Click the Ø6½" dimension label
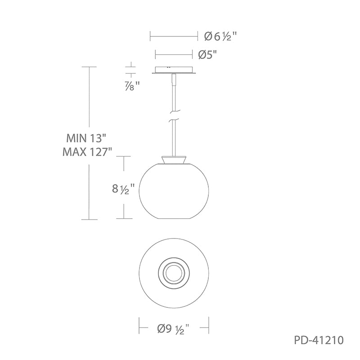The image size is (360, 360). pos(220,36)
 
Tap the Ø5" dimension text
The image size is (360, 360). pos(207,54)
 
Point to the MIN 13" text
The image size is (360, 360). pos(86,138)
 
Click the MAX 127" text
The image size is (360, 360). pos(87,152)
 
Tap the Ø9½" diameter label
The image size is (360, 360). pos(174,329)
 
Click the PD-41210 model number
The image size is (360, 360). pos(319,340)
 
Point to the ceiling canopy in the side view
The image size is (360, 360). pos(174,70)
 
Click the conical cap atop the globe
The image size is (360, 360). pos(174,160)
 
